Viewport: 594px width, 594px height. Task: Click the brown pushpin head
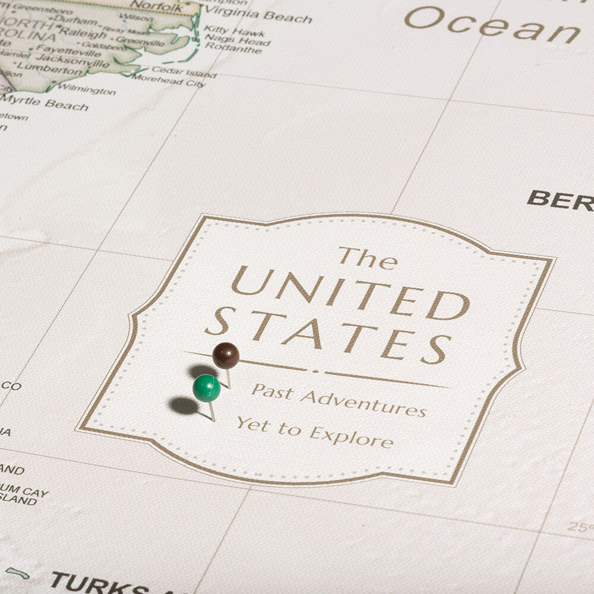226,355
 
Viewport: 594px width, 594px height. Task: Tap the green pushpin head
206,388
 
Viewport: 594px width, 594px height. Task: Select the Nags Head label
238,42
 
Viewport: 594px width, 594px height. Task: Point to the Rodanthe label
233,50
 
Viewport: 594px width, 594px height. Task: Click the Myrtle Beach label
46,104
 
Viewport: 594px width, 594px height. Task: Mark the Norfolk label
156,7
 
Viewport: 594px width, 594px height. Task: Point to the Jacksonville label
72,60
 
